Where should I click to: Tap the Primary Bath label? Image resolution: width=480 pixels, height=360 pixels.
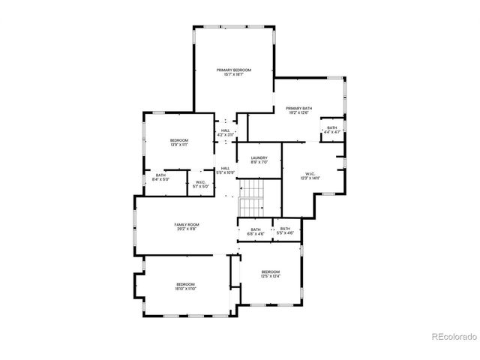tap(298, 108)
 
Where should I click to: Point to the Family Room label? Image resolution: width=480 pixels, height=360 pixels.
tap(186, 224)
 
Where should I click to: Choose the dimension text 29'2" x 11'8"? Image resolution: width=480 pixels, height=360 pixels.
tap(186, 229)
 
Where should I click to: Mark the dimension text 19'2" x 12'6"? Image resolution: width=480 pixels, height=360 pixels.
tap(298, 112)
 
